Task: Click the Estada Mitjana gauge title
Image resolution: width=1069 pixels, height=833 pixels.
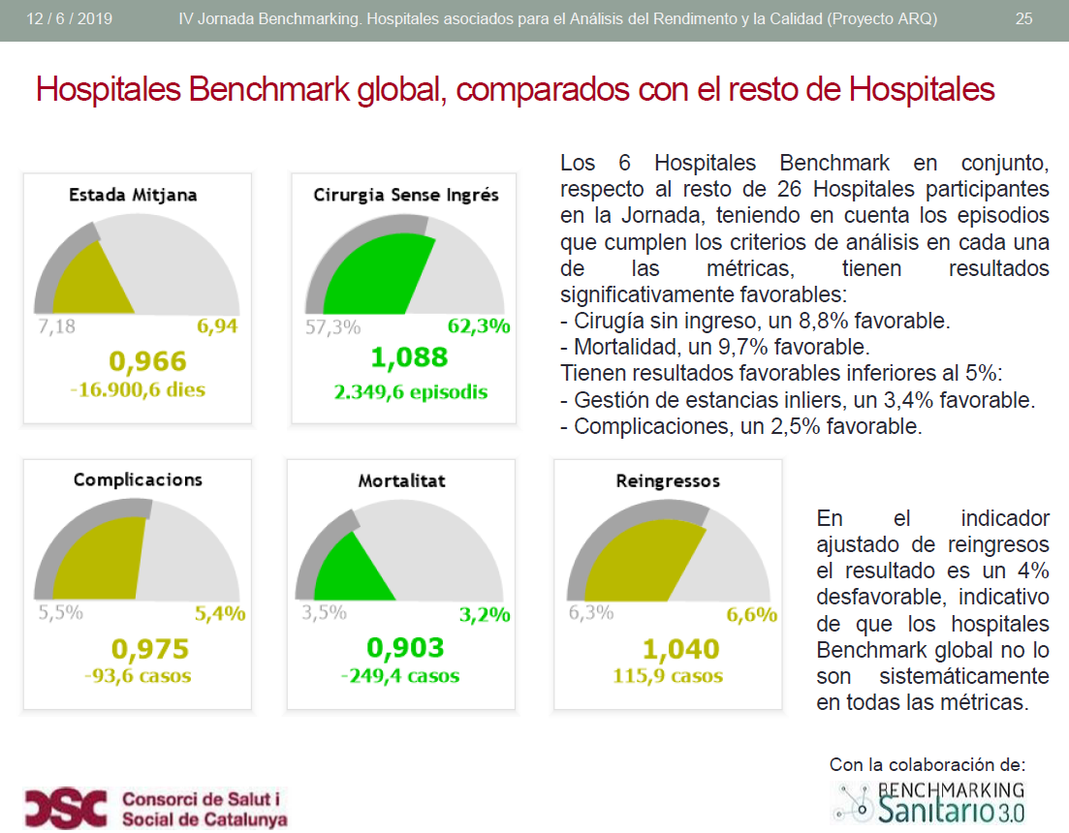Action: pyautogui.click(x=133, y=195)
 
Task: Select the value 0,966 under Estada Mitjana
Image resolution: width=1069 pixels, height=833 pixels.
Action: pyautogui.click(x=147, y=361)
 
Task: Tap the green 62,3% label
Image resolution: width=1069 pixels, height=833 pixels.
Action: pyautogui.click(x=479, y=326)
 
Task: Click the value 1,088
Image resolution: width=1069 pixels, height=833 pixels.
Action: pyautogui.click(x=409, y=357)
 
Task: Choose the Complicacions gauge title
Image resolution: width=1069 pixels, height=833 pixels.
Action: pyautogui.click(x=138, y=479)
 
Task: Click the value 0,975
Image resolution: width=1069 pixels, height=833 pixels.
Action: pyautogui.click(x=150, y=648)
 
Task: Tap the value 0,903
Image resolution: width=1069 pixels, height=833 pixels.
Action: pyautogui.click(x=405, y=647)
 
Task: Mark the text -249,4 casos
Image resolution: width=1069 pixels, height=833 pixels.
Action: pyautogui.click(x=400, y=675)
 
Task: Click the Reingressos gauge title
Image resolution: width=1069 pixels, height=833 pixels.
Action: pyautogui.click(x=668, y=480)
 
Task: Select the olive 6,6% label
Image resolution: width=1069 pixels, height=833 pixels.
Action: pyautogui.click(x=752, y=614)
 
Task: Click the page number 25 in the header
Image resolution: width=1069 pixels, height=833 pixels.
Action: pyautogui.click(x=1023, y=19)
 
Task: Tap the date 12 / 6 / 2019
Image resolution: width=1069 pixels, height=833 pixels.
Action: pyautogui.click(x=70, y=19)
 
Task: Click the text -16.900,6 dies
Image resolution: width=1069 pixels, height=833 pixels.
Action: pyautogui.click(x=139, y=390)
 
